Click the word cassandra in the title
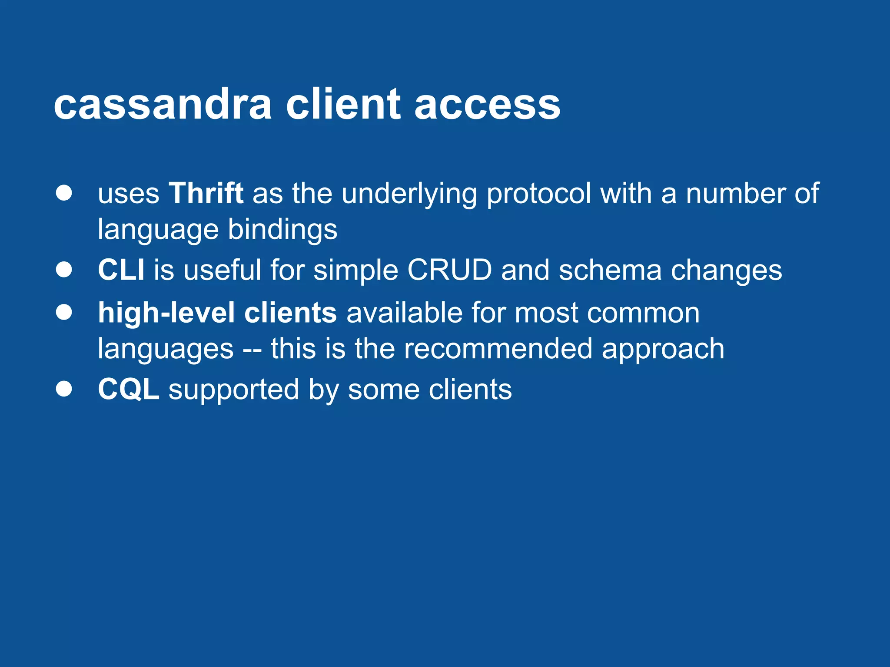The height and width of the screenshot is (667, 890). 163,105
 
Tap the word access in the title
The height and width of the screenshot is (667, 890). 487,105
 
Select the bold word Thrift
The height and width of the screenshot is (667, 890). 206,193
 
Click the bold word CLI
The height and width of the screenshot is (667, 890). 121,270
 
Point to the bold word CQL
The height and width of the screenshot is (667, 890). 128,389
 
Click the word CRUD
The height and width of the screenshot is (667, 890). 449,270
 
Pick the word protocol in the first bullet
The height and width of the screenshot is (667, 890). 538,194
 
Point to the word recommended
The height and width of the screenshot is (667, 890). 498,349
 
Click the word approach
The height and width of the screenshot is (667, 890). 663,350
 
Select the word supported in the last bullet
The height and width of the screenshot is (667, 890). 234,390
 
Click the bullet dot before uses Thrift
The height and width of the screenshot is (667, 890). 64,193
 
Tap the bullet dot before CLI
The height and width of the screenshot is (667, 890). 64,270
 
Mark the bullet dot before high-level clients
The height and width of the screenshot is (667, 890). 64,312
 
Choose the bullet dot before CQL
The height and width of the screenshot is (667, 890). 64,389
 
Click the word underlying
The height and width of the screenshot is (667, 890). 409,194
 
